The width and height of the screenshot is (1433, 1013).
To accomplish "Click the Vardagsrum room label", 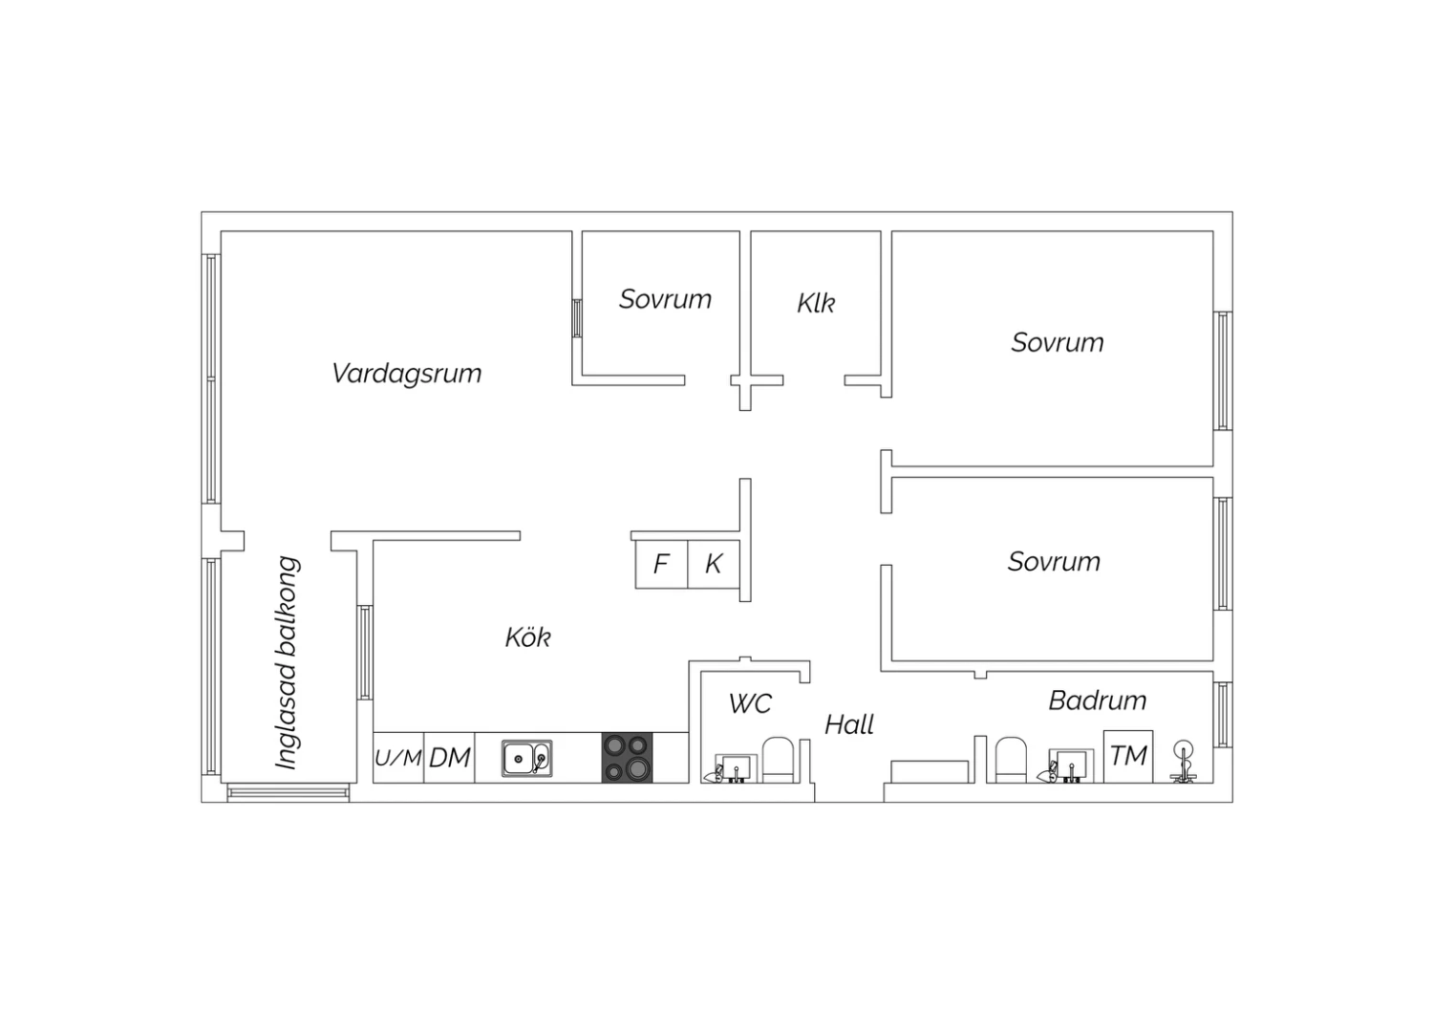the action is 406,374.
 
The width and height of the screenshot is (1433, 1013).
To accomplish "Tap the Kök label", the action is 527,637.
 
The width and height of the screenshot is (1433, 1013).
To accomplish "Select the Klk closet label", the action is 816,303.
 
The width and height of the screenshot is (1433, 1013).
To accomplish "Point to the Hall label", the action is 849,725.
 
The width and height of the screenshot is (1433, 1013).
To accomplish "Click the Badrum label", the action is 1097,700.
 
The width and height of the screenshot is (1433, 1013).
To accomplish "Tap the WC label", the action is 750,704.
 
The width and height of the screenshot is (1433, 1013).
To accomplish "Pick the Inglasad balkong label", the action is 288,662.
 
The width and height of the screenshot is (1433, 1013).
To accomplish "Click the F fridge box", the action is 661,564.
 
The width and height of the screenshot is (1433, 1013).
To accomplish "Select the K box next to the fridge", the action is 714,564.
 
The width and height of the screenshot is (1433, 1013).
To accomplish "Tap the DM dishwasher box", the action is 449,758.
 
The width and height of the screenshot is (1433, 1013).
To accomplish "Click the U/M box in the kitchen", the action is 398,758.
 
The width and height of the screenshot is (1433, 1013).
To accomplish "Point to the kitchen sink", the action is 526,759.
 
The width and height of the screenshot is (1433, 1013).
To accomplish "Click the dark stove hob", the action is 627,758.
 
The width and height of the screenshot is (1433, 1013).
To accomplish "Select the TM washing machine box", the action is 1128,756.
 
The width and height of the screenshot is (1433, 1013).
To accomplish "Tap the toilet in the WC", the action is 778,761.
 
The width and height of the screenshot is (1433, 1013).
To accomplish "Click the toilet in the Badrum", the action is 1011,761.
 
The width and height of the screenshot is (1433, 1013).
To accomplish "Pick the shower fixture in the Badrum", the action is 1183,761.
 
